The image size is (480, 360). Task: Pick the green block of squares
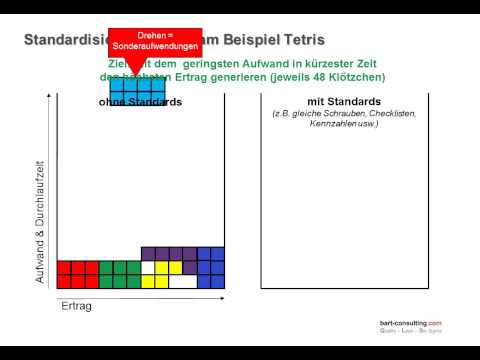pyautogui.click(x=119, y=274)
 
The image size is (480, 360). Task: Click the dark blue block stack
pyautogui.click(x=211, y=267)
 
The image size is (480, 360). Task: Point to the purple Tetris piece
pyautogui.click(x=169, y=255)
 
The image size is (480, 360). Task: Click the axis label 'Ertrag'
pyautogui.click(x=77, y=306)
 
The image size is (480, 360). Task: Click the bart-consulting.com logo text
pyautogui.click(x=410, y=323)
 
